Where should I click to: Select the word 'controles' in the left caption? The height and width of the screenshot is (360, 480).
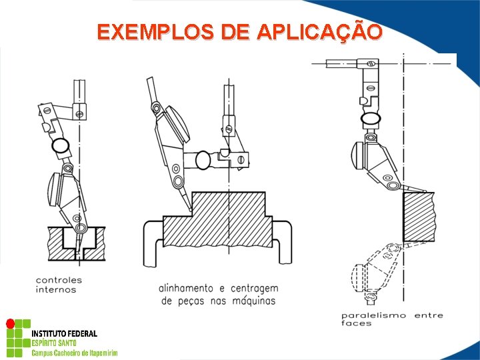coord(59,280)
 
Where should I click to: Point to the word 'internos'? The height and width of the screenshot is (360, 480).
coord(56,290)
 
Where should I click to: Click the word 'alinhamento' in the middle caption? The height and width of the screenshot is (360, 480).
coord(186,288)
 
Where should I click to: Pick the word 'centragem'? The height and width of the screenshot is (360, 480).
coord(254,288)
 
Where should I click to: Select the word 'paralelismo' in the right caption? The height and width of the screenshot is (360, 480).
coord(373,315)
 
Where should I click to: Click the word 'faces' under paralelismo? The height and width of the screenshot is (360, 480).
coord(357,324)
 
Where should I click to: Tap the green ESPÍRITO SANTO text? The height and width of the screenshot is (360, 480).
coord(54,343)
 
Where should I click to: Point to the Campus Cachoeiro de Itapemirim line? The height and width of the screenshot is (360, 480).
coord(75,353)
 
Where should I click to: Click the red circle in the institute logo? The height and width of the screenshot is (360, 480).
coord(10,324)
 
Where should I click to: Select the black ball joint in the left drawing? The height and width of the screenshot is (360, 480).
coord(61,145)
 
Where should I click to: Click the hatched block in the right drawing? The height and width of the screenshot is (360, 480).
coord(419,217)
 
